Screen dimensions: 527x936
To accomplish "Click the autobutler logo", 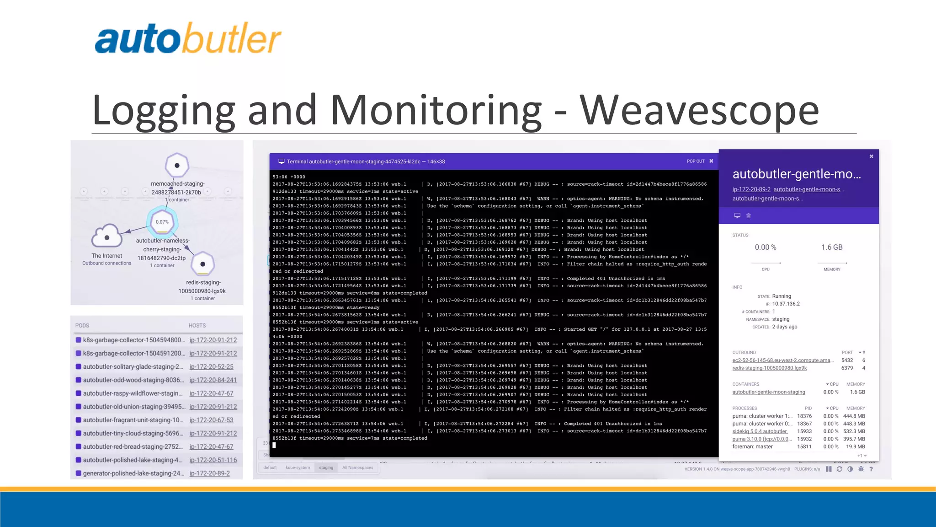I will click(x=187, y=39).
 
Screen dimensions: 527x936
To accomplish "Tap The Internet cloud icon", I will click(x=107, y=236).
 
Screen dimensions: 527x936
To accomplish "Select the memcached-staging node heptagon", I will click(x=177, y=165).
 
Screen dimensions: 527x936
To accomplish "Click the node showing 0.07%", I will click(x=162, y=222).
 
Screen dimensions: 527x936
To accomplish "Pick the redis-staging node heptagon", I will click(x=202, y=264).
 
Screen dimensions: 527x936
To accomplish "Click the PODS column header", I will click(x=82, y=326).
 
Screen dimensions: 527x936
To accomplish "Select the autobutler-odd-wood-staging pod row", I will click(x=133, y=380).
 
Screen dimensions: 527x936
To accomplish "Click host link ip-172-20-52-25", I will click(x=211, y=367).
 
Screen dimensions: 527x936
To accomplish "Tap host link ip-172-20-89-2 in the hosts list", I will click(x=209, y=473).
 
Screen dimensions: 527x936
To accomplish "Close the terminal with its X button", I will click(x=711, y=161).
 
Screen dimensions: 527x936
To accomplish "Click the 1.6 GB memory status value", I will click(x=832, y=247).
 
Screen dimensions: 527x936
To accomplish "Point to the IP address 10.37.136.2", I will click(x=786, y=304).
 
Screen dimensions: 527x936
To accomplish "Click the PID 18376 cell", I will click(x=804, y=416).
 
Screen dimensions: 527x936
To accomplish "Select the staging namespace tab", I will click(x=326, y=468).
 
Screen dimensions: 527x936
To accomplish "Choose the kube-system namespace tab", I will click(x=298, y=468).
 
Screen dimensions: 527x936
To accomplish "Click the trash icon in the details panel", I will click(x=749, y=216).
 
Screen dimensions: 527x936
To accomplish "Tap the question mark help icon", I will click(x=871, y=469).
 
